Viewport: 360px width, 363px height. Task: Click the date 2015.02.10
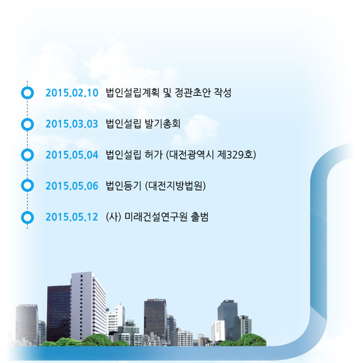tap(72, 93)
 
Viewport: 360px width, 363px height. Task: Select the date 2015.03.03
tap(72, 124)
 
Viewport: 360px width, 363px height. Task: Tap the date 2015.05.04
tap(72, 155)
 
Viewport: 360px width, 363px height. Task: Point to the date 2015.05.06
tap(72, 186)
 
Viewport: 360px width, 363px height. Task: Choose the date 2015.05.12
tap(72, 217)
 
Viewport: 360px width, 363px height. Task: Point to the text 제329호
tap(235, 155)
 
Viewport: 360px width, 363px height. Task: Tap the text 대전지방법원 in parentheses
tap(175, 186)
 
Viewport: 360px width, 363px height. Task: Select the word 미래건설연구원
tap(156, 217)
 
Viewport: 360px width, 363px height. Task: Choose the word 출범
tap(200, 217)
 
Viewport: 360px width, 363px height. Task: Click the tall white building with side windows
tap(88, 305)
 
